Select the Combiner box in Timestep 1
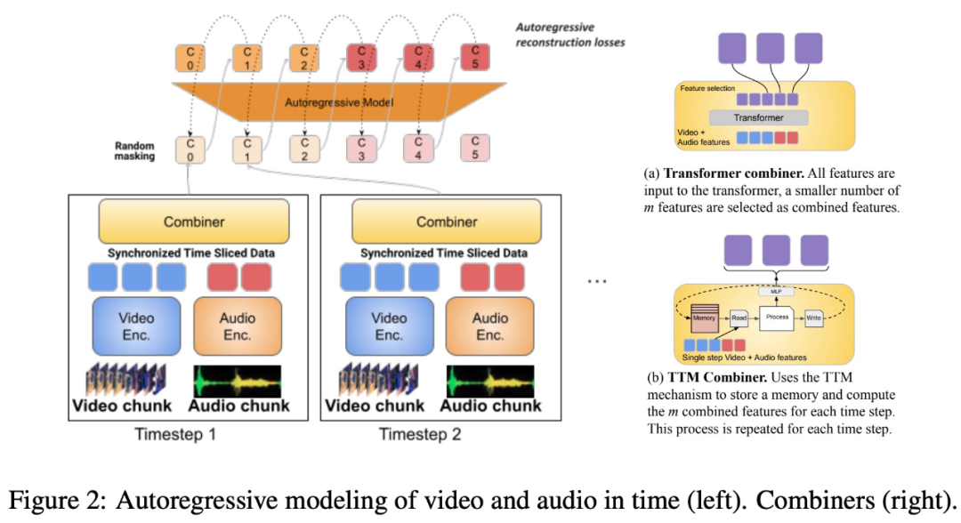pyautogui.click(x=193, y=221)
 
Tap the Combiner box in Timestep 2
pyautogui.click(x=447, y=221)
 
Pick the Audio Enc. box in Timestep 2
pyautogui.click(x=489, y=326)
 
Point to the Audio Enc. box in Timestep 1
pyautogui.click(x=237, y=326)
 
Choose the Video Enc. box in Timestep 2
pyautogui.click(x=389, y=326)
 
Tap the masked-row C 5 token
pyautogui.click(x=474, y=149)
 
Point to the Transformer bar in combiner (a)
pyautogui.click(x=758, y=117)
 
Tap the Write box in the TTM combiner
pyautogui.click(x=812, y=318)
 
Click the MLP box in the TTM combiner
pyautogui.click(x=776, y=291)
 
